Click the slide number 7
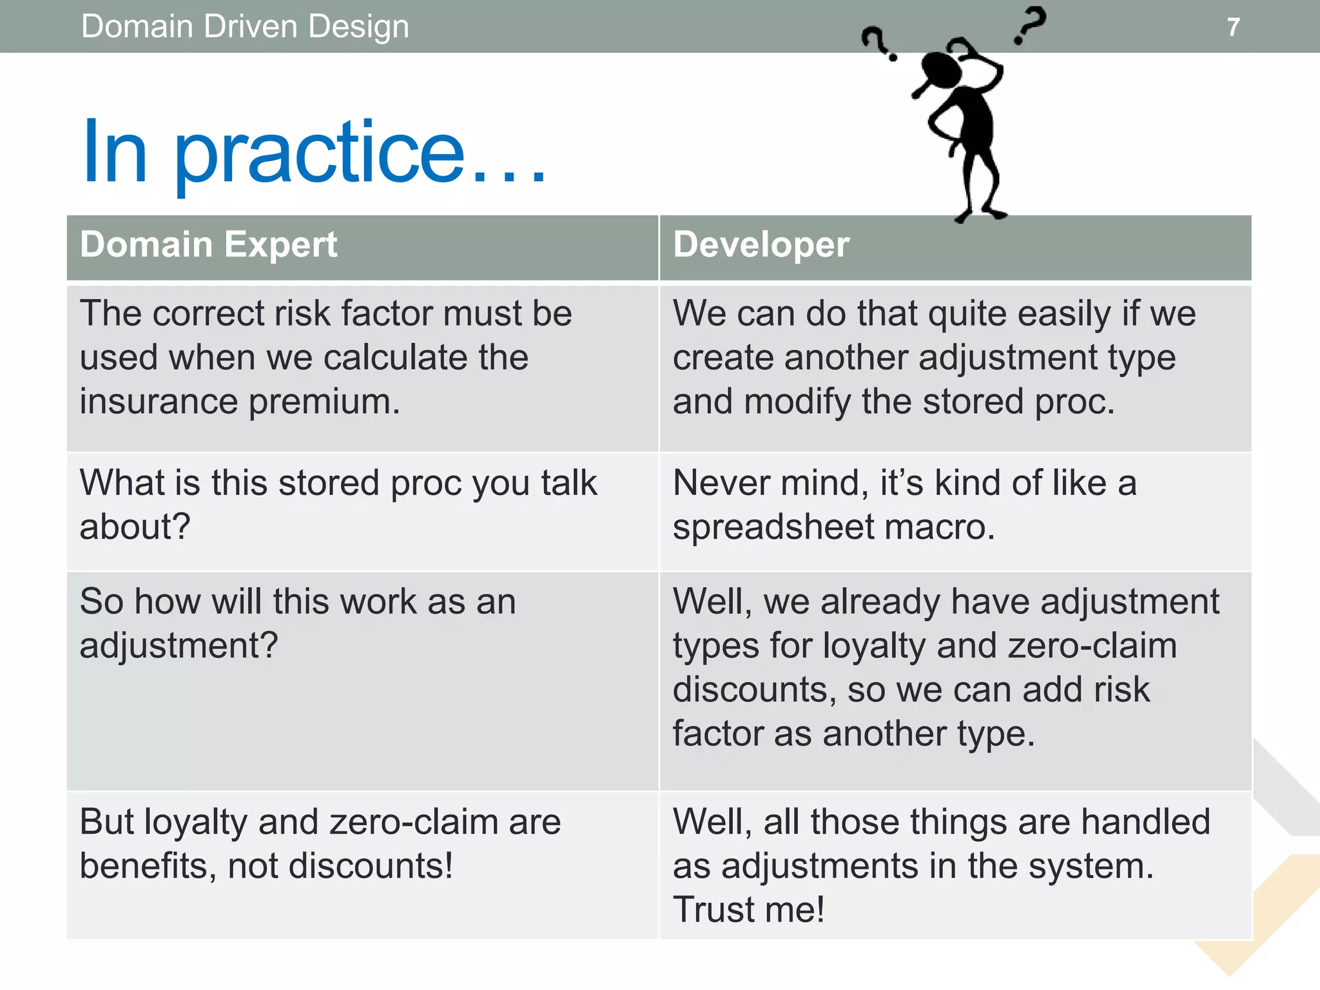(1232, 27)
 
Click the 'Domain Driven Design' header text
(245, 27)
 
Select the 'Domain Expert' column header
(208, 245)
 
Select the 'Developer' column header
(761, 245)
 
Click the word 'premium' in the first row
(324, 402)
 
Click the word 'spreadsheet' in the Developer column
(773, 527)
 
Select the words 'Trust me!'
(748, 910)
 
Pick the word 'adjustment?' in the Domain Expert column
(179, 646)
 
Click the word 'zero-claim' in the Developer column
(1092, 646)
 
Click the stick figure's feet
(980, 213)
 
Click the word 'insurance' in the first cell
(159, 402)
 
